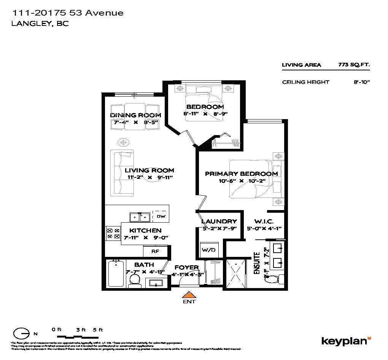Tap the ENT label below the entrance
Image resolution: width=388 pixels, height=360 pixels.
(189, 302)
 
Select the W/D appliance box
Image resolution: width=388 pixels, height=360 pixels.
(208, 250)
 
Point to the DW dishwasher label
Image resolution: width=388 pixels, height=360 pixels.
(161, 217)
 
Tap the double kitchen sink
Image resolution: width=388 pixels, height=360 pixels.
(140, 217)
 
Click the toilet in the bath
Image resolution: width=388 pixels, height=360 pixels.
(134, 279)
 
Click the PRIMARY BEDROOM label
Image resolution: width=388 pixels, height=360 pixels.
(241, 174)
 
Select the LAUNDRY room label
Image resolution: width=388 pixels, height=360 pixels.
(219, 221)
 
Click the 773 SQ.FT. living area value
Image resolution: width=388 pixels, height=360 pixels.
(354, 65)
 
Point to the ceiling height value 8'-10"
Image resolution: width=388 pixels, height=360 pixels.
(361, 82)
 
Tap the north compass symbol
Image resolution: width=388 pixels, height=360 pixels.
(21, 333)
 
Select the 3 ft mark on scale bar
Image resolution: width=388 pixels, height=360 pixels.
(81, 330)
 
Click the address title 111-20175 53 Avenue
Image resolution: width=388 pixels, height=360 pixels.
(68, 13)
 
